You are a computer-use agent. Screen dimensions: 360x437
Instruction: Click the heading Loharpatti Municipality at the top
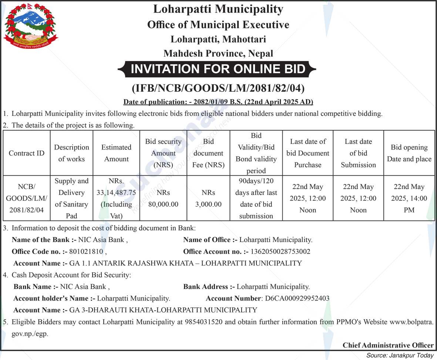218,9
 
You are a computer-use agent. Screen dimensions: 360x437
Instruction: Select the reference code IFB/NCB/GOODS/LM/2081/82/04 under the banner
218,88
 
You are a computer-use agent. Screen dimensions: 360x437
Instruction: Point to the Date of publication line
218,102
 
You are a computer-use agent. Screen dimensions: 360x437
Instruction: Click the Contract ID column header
26,153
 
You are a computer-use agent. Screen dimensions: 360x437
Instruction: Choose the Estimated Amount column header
116,153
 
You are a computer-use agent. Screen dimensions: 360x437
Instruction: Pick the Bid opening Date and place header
409,153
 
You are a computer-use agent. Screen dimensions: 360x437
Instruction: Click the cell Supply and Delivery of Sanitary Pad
71,198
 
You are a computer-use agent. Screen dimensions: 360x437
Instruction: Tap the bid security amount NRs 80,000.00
163,198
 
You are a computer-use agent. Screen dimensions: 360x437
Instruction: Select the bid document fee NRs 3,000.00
208,198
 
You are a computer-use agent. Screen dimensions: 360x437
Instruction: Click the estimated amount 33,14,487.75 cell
116,198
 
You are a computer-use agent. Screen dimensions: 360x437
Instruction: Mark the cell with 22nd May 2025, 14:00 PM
409,198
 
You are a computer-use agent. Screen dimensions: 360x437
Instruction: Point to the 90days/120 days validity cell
256,198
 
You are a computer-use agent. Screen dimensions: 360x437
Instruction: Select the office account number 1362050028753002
280,252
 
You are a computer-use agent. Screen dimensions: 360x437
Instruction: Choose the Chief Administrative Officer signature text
388,345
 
